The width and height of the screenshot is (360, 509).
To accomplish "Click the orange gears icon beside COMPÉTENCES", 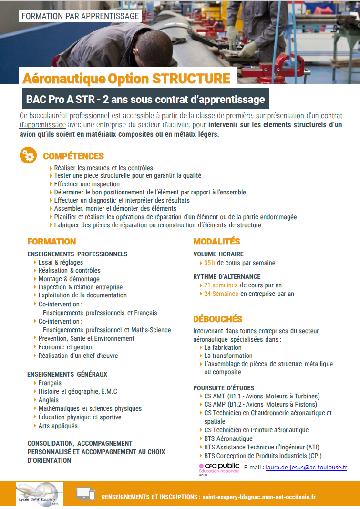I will pyautogui.click(x=28, y=156).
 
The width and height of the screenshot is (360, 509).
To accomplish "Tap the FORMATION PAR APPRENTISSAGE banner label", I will pyautogui.click(x=81, y=16).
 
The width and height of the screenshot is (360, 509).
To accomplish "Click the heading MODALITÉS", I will pyautogui.click(x=216, y=242).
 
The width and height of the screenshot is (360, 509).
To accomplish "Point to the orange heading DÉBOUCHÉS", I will pyautogui.click(x=217, y=319).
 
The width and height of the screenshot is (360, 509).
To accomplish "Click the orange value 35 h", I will pyautogui.click(x=210, y=263).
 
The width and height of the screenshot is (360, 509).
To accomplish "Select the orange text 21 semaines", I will pyautogui.click(x=221, y=285).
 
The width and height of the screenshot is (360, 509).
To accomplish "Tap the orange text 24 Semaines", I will pyautogui.click(x=221, y=294).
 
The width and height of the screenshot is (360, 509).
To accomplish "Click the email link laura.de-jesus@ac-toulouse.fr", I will pyautogui.click(x=306, y=468).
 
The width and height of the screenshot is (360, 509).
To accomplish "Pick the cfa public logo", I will pyautogui.click(x=219, y=468).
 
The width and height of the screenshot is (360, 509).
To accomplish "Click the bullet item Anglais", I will pyautogui.click(x=49, y=400).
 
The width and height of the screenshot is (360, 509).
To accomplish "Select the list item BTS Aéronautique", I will pyautogui.click(x=228, y=438).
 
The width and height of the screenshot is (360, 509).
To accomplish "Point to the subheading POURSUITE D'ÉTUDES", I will pyautogui.click(x=224, y=387).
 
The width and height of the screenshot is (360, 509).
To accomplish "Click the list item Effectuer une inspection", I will pyautogui.click(x=87, y=184).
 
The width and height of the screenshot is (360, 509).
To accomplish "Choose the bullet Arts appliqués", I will pyautogui.click(x=58, y=426).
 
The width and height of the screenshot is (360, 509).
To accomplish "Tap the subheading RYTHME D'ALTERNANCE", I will pyautogui.click(x=226, y=276).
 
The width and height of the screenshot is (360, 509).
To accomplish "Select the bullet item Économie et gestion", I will pyautogui.click(x=66, y=347).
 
